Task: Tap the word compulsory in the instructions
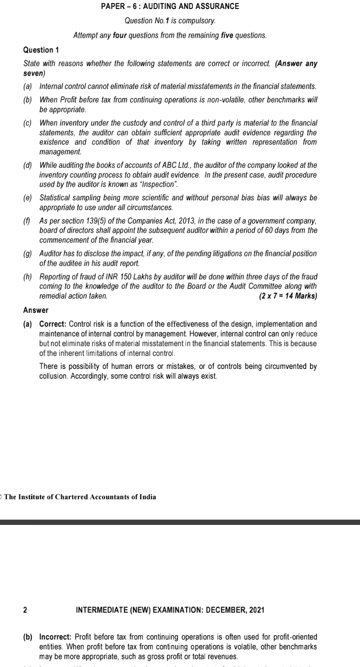point(199,20)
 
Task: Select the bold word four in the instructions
point(120,35)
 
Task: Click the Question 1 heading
point(41,50)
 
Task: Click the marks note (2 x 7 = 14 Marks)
point(288,296)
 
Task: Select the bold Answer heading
point(36,310)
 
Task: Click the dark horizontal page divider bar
point(180,522)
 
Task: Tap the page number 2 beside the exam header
point(25,610)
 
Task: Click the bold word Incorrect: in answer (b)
point(55,637)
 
